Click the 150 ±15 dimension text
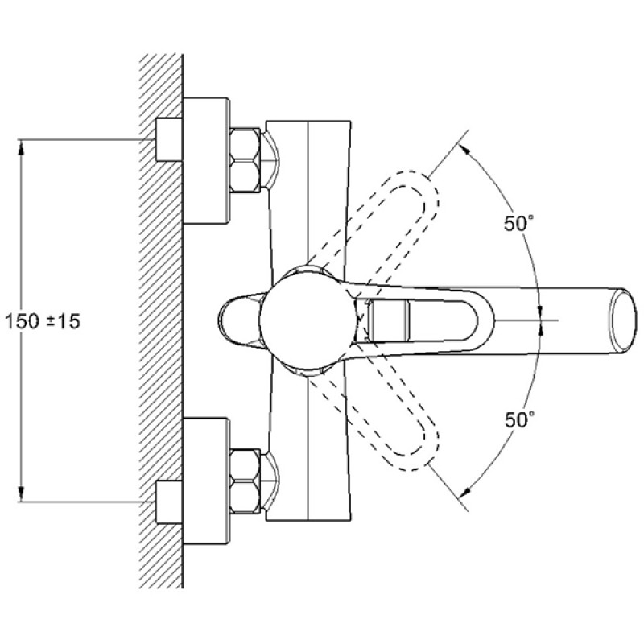coord(43,321)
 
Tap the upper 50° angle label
coord(519,224)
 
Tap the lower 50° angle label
coord(519,419)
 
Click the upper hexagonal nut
coord(245,160)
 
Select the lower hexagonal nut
coord(245,481)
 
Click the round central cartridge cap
coord(308,320)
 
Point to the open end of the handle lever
coord(623,320)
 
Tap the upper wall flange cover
coord(206,160)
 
